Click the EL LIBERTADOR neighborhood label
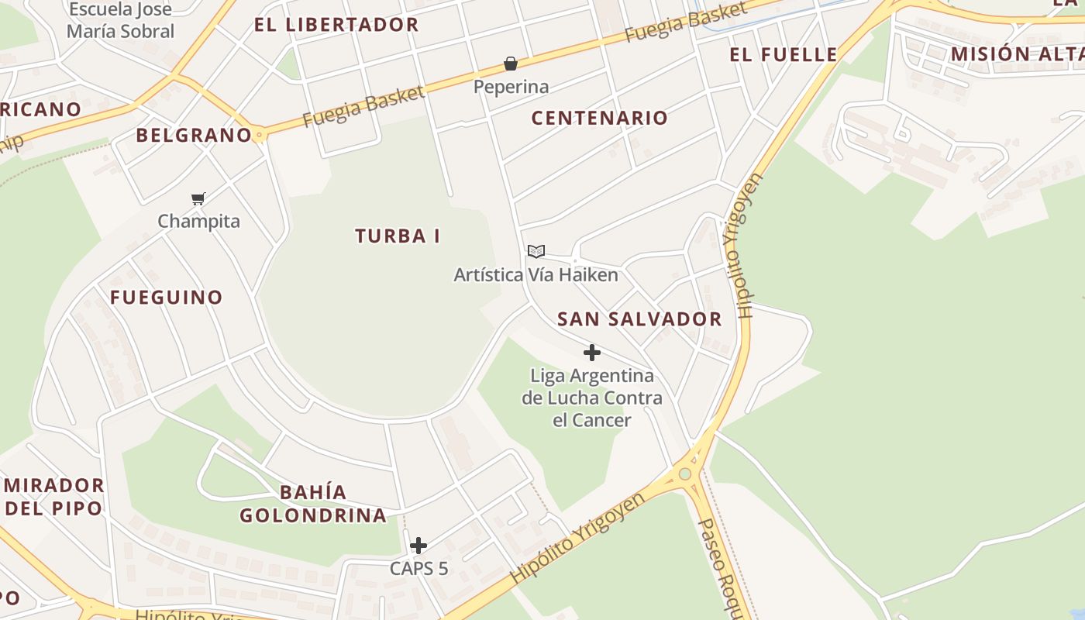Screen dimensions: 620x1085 (336, 24)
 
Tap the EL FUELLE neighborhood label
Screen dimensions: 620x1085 (784, 54)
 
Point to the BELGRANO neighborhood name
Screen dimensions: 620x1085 (194, 135)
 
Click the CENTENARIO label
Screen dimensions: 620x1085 (599, 118)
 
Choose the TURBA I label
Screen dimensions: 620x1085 (398, 236)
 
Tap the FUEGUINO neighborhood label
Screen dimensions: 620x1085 (166, 297)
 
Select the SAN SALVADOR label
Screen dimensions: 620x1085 (639, 319)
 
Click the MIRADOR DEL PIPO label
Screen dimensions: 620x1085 (54, 497)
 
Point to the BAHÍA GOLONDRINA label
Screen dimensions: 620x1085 (313, 504)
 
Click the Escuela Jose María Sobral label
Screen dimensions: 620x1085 (120, 21)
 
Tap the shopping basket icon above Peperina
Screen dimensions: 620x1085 (511, 64)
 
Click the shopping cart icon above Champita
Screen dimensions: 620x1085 (198, 199)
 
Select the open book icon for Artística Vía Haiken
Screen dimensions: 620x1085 (536, 251)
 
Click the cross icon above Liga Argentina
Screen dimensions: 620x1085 (592, 353)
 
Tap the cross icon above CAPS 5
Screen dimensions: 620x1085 (418, 546)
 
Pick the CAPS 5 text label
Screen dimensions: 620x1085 (418, 568)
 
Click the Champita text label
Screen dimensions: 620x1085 (198, 221)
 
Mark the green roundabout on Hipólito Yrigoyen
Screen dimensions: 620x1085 (684, 474)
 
